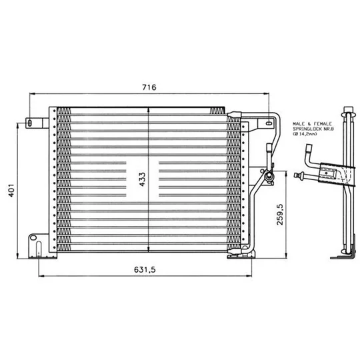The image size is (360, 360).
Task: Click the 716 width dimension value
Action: point(149,87)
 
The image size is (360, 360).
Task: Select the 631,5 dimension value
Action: point(145,269)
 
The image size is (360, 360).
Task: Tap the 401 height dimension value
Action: point(11,190)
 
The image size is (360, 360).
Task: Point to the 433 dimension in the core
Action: point(142,179)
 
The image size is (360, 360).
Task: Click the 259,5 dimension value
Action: point(280,215)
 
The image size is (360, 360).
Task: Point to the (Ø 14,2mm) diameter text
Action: point(305,134)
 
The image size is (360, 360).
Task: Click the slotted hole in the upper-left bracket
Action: point(29,123)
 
